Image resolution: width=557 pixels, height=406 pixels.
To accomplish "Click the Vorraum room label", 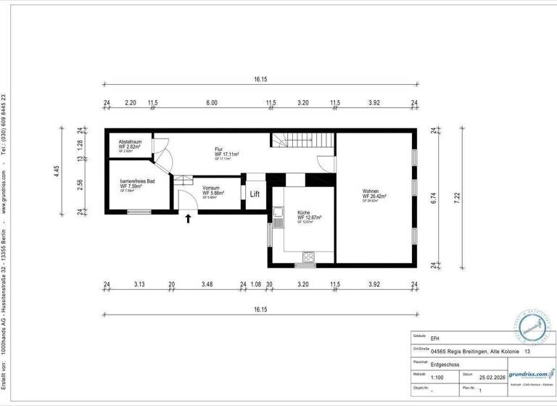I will coord(212,188).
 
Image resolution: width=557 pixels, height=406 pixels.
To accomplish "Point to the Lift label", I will coord(255,194).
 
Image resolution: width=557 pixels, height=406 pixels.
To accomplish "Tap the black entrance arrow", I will coord(189,217).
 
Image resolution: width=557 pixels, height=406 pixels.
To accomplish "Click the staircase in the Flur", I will coord(304,141).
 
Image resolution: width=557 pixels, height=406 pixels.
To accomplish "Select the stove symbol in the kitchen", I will coord(308,255).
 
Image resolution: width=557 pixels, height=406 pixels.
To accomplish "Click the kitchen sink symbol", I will coord(278,212).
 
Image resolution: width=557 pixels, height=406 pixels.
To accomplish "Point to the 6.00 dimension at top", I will coord(211,103).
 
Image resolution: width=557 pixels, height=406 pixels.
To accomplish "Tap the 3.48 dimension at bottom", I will coord(207,284).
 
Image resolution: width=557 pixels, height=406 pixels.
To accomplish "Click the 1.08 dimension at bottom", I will coord(255,284).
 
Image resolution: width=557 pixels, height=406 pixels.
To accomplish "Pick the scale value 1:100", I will coord(438,378).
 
